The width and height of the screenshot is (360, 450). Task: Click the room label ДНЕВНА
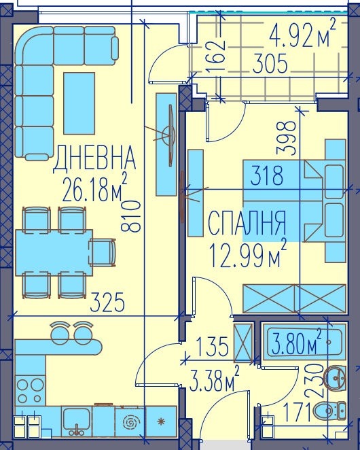[95, 160]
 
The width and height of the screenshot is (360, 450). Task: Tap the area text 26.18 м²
[95, 190]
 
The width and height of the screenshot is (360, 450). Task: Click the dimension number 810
[133, 215]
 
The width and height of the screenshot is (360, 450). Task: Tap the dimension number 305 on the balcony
[270, 65]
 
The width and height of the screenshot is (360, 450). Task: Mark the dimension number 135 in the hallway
[212, 347]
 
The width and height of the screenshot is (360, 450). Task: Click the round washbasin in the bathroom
[335, 377]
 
